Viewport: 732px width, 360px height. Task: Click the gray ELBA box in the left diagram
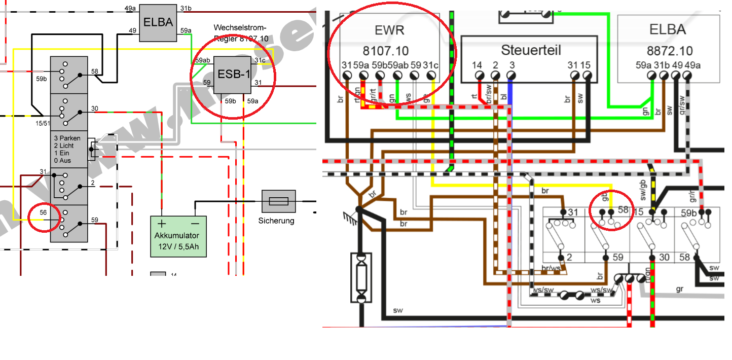tap(158, 22)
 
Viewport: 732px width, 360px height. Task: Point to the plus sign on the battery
tap(162, 224)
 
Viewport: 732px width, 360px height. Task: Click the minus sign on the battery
tap(196, 224)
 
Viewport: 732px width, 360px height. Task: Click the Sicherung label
tap(276, 221)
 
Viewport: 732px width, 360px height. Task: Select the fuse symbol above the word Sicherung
tap(278, 202)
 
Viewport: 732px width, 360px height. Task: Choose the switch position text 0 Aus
tap(62, 161)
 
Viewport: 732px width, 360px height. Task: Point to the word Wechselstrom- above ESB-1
tap(240, 27)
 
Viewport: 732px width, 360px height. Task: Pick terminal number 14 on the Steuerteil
tap(477, 65)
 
